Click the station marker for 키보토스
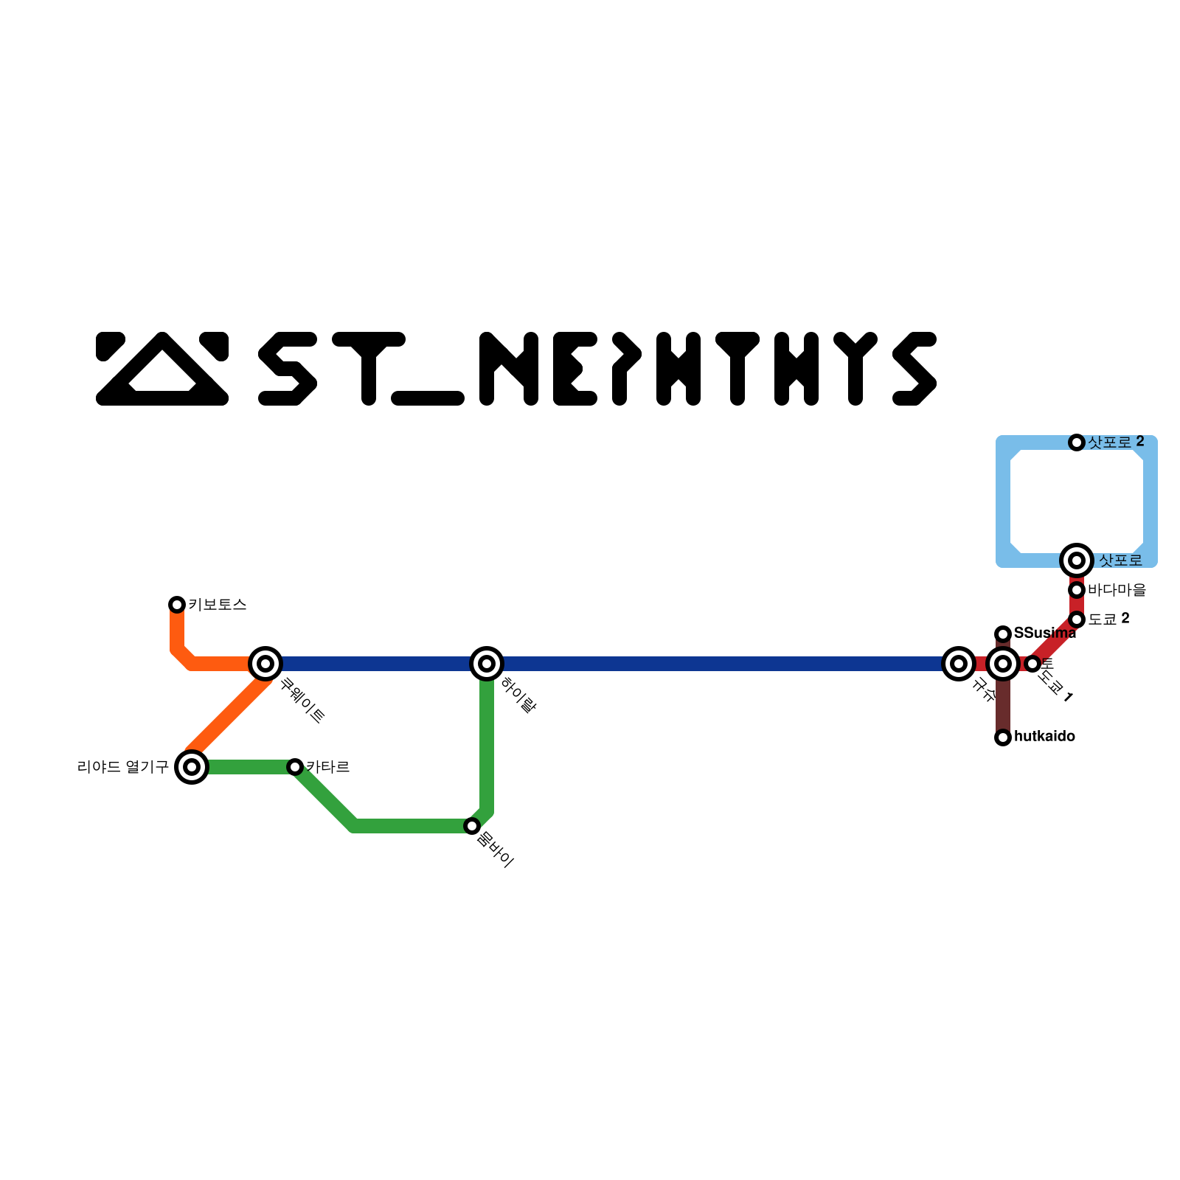point(177,605)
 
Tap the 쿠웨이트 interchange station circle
point(265,664)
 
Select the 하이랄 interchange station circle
point(487,664)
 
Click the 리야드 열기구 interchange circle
point(192,767)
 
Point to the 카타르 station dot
point(295,767)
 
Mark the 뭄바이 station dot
point(472,826)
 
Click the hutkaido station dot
point(1003,737)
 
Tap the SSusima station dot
point(1003,634)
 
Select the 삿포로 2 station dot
point(1077,442)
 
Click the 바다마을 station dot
point(1077,590)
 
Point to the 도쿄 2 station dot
point(1077,619)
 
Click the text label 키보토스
point(218,605)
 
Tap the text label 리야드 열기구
point(123,767)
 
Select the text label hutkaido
point(1044,737)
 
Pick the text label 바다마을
point(1117,590)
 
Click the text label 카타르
point(328,767)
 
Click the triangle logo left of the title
point(162,369)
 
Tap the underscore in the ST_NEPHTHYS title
point(428,398)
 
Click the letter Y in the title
point(855,369)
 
